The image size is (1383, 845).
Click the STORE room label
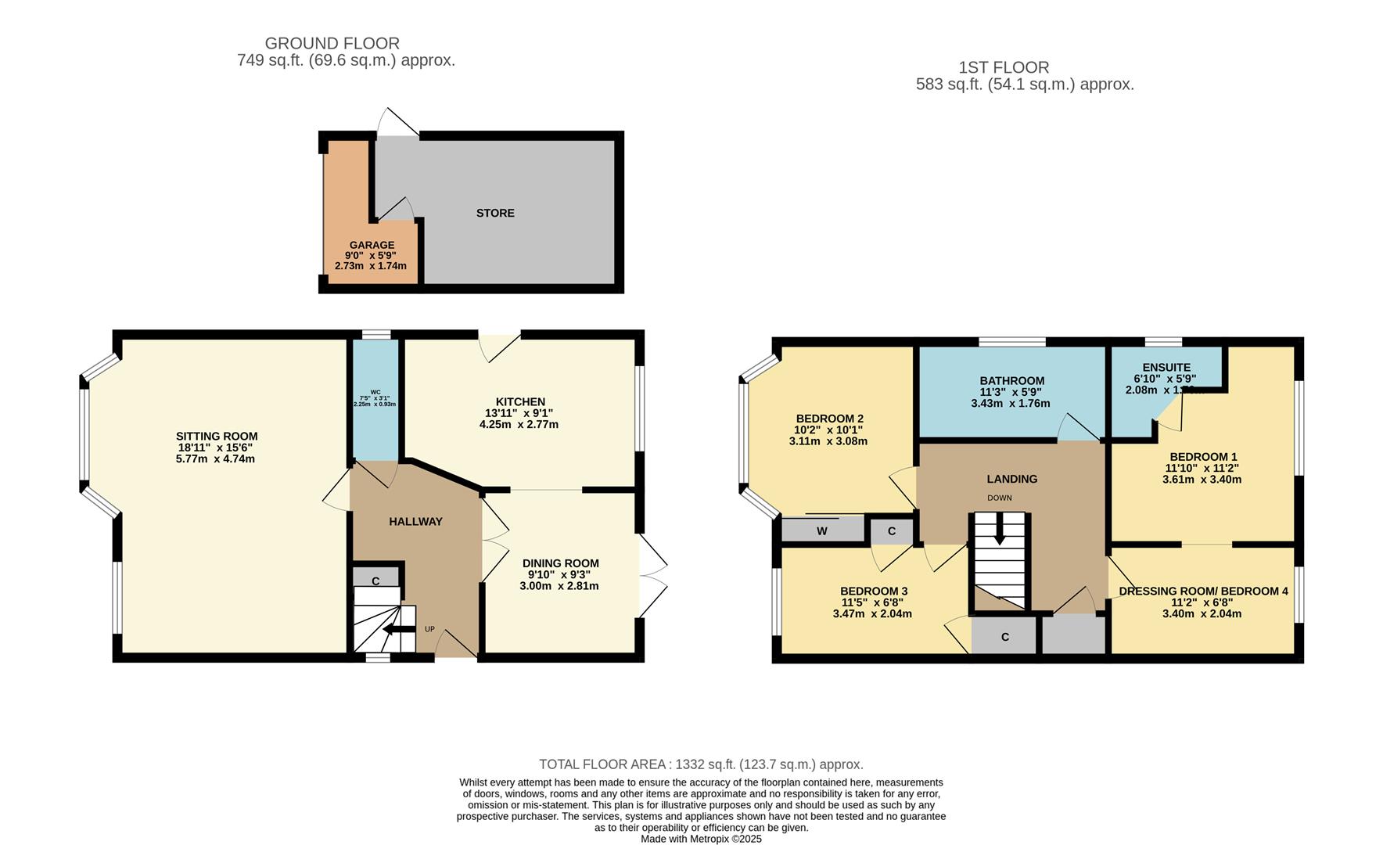pos(495,213)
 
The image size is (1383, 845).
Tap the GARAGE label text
pos(372,245)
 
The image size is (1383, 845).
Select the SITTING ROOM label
pos(217,437)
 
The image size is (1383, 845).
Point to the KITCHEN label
pos(520,402)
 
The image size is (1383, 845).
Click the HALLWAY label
pos(415,522)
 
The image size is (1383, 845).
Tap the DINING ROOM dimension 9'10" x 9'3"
pos(560,574)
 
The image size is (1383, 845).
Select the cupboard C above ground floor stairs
pos(375,581)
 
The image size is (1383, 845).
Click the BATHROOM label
pos(1011,381)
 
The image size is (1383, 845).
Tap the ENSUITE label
pos(1166,367)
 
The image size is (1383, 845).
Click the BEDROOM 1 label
pos(1203,457)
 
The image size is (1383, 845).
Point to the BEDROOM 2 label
pos(829,419)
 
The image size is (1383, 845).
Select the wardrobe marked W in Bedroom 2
pos(822,531)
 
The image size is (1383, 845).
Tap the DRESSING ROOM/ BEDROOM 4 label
pos(1203,591)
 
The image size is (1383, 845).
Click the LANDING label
pos(1011,479)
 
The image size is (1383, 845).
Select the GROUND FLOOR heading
pos(332,44)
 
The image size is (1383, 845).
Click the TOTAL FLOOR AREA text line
pos(701,764)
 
